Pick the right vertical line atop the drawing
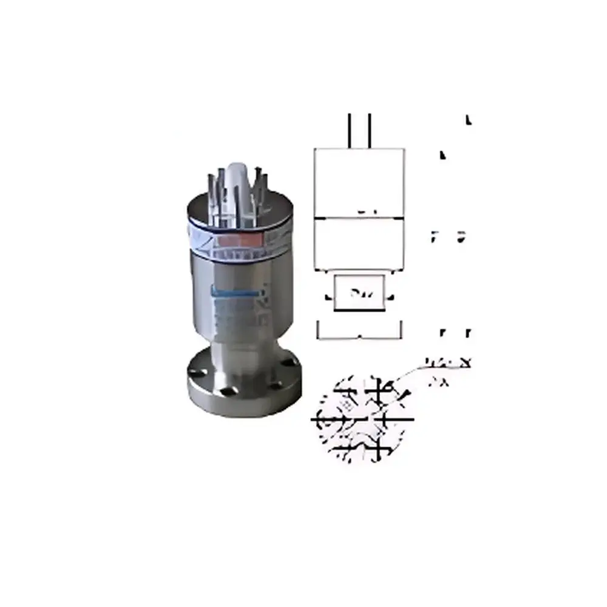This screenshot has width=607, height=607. click(x=369, y=129)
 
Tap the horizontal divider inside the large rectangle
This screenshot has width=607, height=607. click(x=359, y=217)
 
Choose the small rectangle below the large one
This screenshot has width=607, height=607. click(x=359, y=293)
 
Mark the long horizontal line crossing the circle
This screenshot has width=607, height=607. click(x=363, y=419)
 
